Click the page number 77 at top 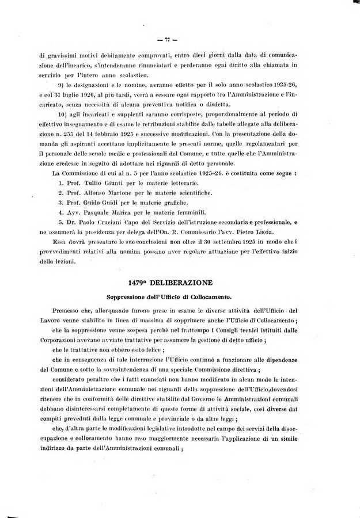click(x=169, y=40)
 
